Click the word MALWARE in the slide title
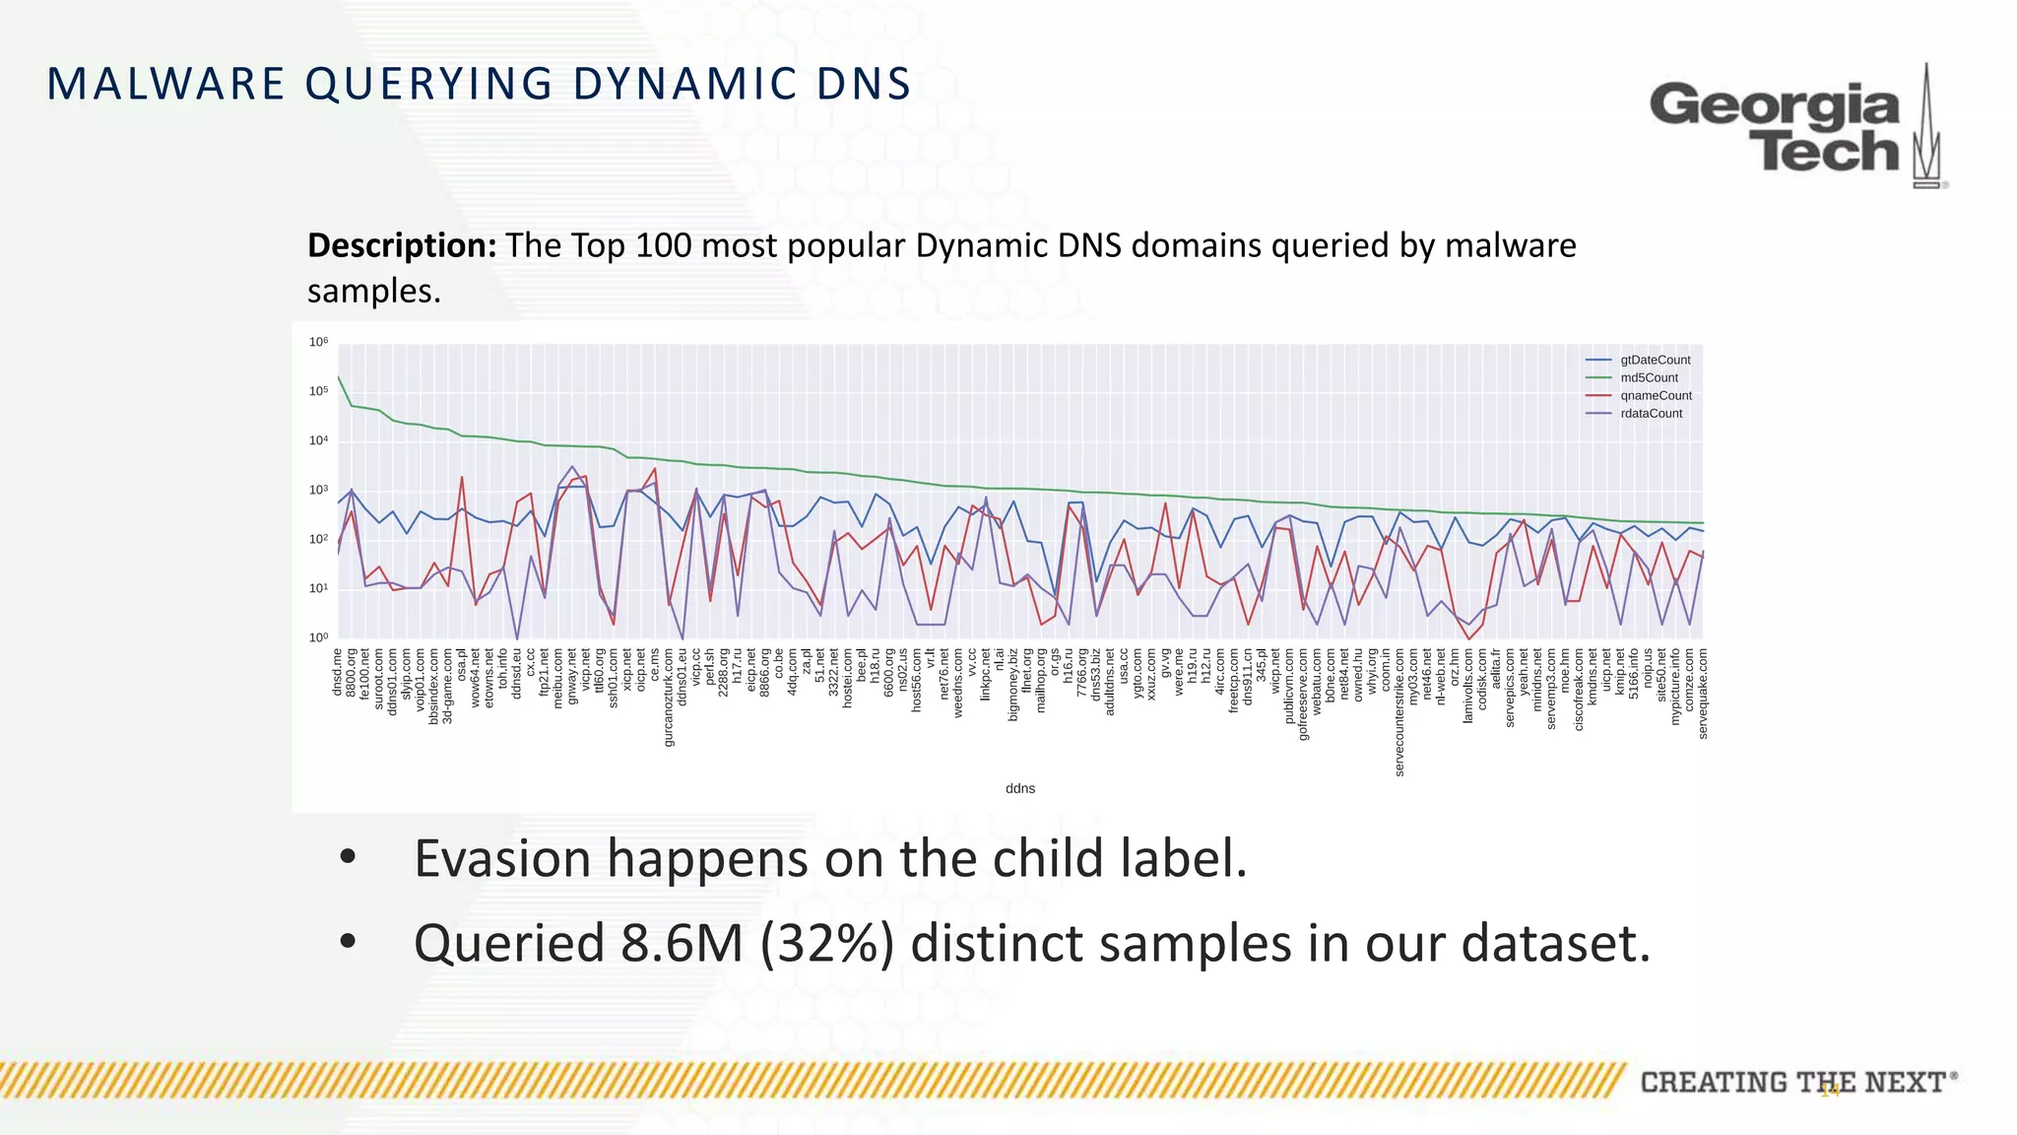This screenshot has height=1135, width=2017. (x=165, y=84)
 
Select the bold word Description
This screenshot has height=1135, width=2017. (x=402, y=245)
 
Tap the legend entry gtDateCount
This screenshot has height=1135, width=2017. (x=1655, y=361)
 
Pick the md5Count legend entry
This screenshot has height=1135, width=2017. (x=1649, y=378)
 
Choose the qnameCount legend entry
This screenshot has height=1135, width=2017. (x=1656, y=396)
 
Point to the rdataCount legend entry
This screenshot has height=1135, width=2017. (x=1651, y=414)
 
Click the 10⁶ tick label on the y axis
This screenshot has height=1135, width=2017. (x=318, y=343)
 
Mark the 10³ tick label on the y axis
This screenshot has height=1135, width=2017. (x=318, y=491)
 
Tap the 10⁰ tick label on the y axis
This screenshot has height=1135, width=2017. (x=318, y=638)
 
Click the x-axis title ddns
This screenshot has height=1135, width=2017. (x=1019, y=788)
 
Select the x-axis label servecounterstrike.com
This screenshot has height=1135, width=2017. (x=1399, y=711)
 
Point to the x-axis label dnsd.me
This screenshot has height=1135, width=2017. (x=338, y=672)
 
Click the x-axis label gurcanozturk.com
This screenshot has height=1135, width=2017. (x=669, y=697)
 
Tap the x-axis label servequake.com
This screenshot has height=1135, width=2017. (x=1703, y=693)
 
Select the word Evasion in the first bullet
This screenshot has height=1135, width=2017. (x=501, y=858)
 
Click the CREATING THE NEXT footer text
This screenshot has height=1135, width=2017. (x=1792, y=1083)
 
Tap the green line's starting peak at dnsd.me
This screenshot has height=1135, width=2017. (x=339, y=377)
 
